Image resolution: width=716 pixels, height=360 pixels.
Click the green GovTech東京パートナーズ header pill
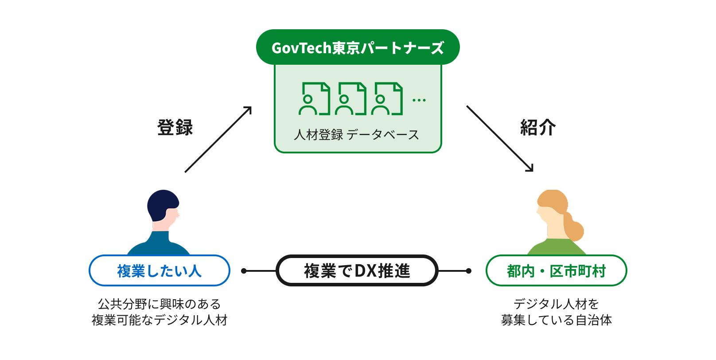[x=358, y=47]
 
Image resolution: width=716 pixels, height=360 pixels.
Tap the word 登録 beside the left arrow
[x=175, y=127]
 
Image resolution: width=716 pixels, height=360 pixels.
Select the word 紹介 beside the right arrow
[x=538, y=127]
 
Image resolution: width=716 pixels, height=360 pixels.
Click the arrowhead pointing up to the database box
[x=248, y=110]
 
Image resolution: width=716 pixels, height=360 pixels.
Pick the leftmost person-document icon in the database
[x=314, y=98]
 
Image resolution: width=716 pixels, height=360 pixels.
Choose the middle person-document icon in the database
[x=350, y=98]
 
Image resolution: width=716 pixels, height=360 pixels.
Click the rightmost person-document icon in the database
[x=387, y=98]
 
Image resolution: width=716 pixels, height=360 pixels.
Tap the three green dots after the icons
[x=419, y=100]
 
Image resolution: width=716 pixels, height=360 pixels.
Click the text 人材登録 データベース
[x=356, y=135]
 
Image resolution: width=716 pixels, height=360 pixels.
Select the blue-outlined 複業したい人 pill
[x=160, y=270]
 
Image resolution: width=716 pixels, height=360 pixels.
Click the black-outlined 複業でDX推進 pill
[x=357, y=270]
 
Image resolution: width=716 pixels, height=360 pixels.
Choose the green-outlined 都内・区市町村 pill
[x=556, y=270]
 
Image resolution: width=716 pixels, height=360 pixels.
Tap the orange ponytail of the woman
[x=573, y=227]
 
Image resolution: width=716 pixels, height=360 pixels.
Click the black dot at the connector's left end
[x=244, y=271]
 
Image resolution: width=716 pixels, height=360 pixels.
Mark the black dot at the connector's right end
[x=469, y=271]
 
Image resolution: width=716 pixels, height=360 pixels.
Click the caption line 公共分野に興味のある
[x=160, y=304]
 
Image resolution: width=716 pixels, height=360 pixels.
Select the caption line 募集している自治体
[x=556, y=320]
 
